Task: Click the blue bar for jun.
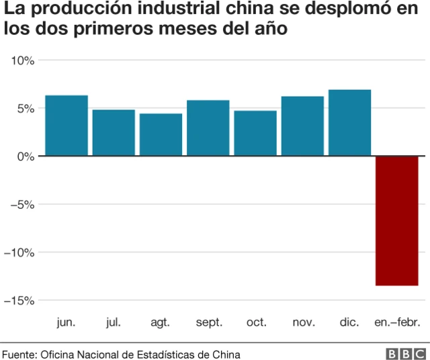pyautogui.click(x=67, y=126)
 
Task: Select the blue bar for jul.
pyautogui.click(x=114, y=132)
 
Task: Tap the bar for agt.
pyautogui.click(x=161, y=134)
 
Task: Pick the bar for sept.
pyautogui.click(x=208, y=128)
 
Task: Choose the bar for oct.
pyautogui.click(x=255, y=133)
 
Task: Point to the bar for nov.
pyautogui.click(x=302, y=126)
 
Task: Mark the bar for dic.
pyautogui.click(x=349, y=123)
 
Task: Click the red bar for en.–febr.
pyautogui.click(x=396, y=220)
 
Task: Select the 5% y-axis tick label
pyautogui.click(x=25, y=109)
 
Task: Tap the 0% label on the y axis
pyautogui.click(x=25, y=156)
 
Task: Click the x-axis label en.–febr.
pyautogui.click(x=396, y=323)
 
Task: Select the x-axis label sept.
pyautogui.click(x=208, y=323)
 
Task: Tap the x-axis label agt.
pyautogui.click(x=161, y=323)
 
